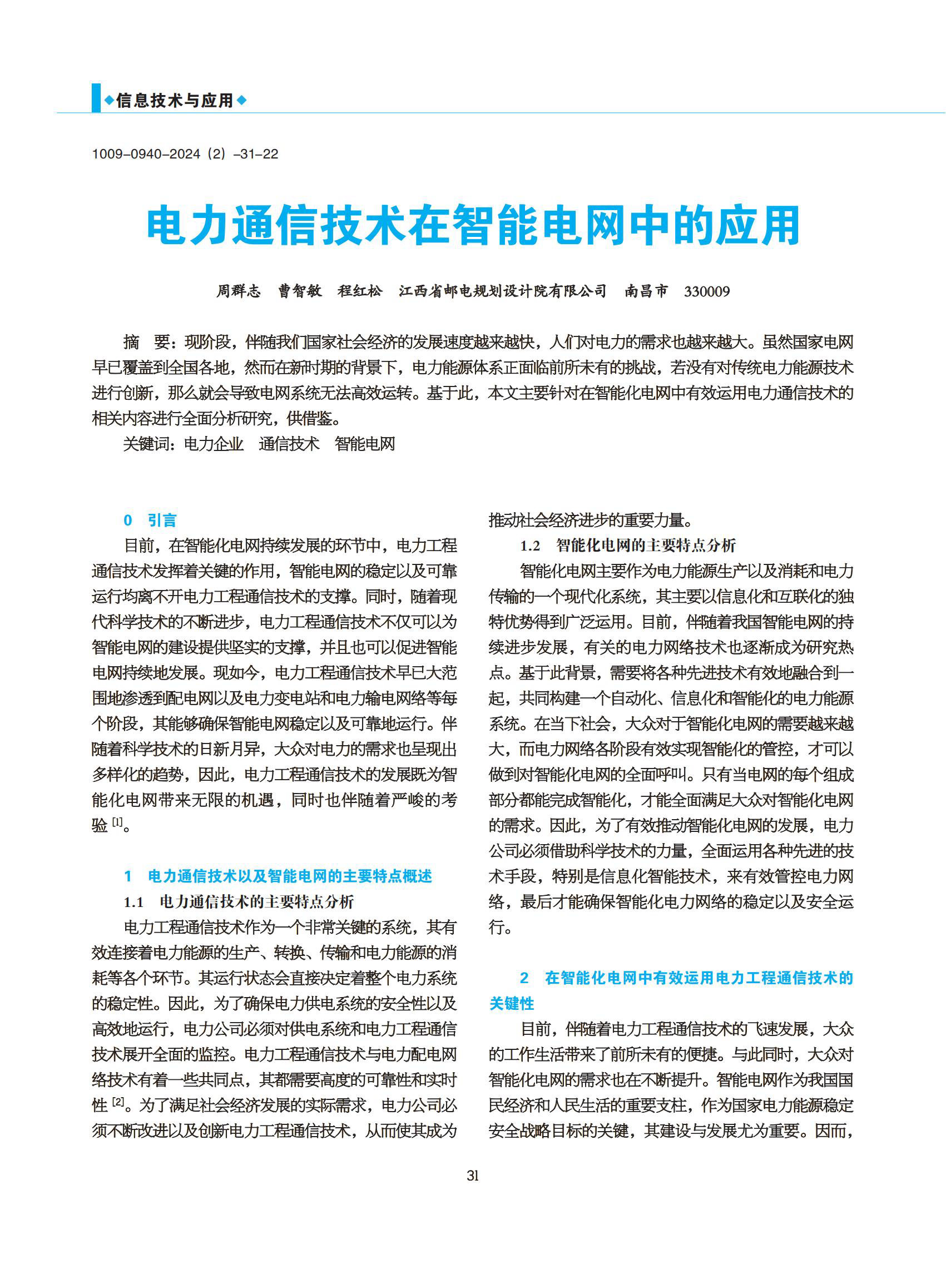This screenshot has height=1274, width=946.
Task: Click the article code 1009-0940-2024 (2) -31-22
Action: click(185, 154)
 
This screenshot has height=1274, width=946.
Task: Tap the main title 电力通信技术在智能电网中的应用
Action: click(473, 226)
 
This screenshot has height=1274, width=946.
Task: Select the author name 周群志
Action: click(238, 291)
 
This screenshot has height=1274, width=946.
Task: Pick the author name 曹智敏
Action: click(300, 291)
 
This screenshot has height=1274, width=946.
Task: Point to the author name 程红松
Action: click(360, 291)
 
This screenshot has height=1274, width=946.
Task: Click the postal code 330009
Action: click(707, 292)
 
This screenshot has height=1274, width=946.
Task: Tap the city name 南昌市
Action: click(646, 291)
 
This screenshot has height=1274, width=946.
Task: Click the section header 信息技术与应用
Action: click(175, 101)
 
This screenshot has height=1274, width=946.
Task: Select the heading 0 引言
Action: click(151, 520)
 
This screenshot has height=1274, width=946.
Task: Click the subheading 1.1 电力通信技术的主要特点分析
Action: click(239, 902)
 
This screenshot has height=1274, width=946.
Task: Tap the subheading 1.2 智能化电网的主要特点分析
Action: click(628, 546)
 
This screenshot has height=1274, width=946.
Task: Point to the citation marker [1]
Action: click(117, 823)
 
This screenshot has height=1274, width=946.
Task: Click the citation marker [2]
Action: click(118, 1101)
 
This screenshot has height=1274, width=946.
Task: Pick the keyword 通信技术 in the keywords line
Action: click(289, 444)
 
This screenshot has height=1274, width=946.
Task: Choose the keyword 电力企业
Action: click(214, 444)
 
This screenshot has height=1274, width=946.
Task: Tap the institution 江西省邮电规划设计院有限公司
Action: click(503, 291)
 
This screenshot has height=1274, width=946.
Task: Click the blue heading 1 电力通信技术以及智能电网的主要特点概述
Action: click(278, 876)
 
